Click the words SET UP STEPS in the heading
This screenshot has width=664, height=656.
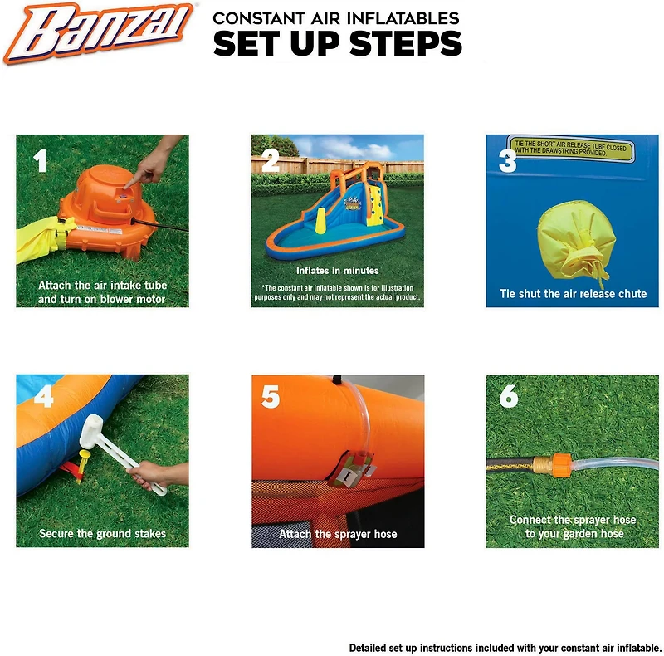click(337, 43)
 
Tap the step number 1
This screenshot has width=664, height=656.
click(40, 160)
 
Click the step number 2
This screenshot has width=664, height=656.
click(271, 160)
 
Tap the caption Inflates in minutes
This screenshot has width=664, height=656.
click(337, 271)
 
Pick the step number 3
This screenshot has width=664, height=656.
click(507, 160)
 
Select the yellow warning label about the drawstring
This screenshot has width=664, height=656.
click(571, 150)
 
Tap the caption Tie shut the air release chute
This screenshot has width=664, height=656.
click(573, 294)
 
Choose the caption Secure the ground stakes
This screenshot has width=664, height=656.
click(102, 534)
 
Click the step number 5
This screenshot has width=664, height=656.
click(271, 398)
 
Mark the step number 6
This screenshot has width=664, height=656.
click(508, 398)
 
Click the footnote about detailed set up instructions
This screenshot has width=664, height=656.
click(505, 648)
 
